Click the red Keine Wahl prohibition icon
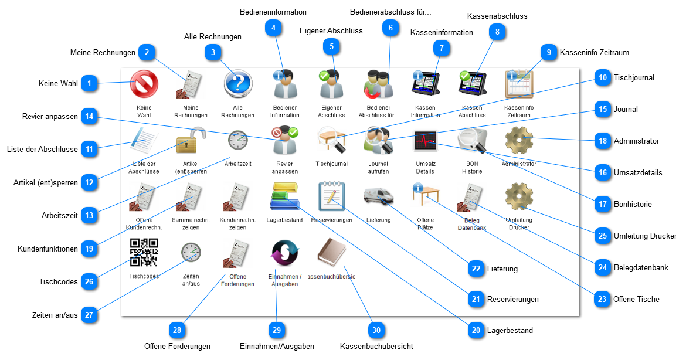(144, 84)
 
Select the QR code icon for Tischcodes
(144, 253)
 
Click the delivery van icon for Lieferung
(378, 196)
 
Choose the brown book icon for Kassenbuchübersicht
(331, 253)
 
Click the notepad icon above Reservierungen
(331, 196)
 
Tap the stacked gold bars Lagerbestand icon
(284, 196)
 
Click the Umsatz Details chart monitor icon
(425, 141)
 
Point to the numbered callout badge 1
(89, 84)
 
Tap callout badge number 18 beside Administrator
(602, 141)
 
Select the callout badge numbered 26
(89, 282)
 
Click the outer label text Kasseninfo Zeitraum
(594, 52)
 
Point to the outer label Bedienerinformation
(273, 12)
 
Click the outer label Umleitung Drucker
(645, 236)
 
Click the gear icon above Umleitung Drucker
(519, 196)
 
